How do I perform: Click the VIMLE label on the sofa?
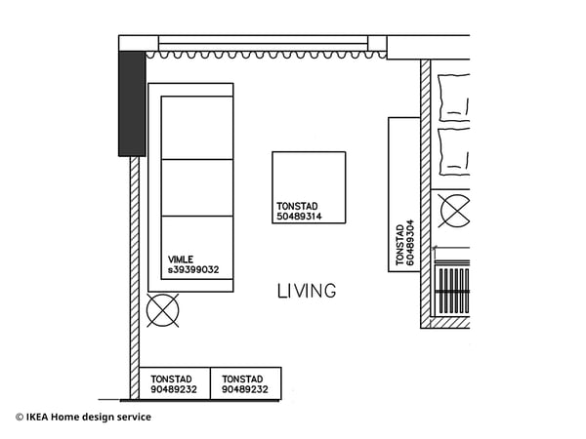click(x=181, y=259)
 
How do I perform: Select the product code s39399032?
click(x=193, y=270)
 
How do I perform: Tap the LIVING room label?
click(x=307, y=291)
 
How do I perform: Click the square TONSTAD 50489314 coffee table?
click(x=309, y=176)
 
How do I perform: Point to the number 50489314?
click(x=299, y=217)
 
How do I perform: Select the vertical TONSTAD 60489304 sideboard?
click(x=404, y=194)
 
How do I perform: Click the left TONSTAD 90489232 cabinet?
click(x=175, y=383)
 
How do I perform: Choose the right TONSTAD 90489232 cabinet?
click(x=246, y=383)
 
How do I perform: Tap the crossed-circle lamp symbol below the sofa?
click(x=162, y=311)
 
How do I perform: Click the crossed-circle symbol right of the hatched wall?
click(x=453, y=211)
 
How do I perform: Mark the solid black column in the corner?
click(x=132, y=103)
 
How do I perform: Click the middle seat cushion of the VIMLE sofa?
click(x=197, y=187)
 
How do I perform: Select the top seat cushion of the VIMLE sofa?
click(x=197, y=128)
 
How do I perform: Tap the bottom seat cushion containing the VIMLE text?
click(x=197, y=248)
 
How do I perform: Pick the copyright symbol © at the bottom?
click(x=19, y=418)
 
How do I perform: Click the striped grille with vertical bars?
click(x=451, y=290)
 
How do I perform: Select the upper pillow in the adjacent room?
click(x=454, y=97)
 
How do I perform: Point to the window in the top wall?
click(x=264, y=44)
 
